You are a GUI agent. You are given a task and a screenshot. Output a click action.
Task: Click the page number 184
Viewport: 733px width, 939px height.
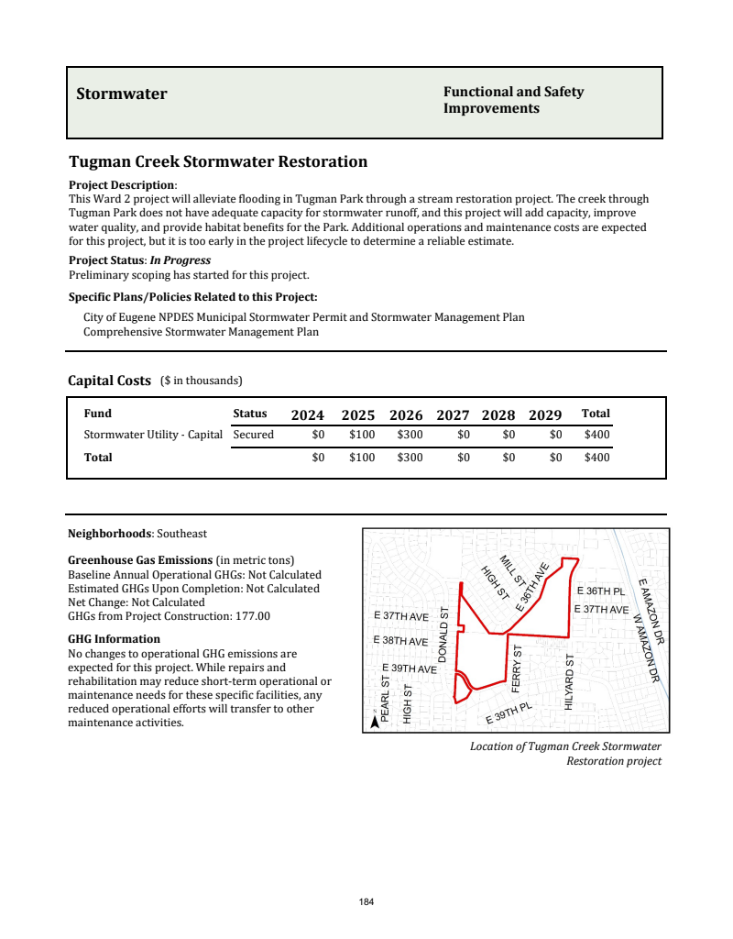[x=366, y=902]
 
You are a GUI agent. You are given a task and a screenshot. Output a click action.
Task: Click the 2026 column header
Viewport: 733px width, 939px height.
[x=406, y=414]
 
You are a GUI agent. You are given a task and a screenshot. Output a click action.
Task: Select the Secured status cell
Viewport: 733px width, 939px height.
[x=254, y=435]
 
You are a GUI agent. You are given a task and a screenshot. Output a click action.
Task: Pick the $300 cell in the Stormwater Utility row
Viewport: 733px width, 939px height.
[x=410, y=435]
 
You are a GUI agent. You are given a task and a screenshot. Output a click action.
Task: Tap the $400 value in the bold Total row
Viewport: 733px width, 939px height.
[x=596, y=457]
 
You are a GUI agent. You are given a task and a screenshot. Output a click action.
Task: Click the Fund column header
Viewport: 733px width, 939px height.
[x=98, y=414]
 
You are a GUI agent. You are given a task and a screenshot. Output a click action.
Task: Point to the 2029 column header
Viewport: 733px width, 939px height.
[x=545, y=414]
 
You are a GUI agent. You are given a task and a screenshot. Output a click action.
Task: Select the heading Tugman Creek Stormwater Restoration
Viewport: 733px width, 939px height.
[x=218, y=162]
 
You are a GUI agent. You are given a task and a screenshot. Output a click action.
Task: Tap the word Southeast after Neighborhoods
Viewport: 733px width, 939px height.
[x=181, y=533]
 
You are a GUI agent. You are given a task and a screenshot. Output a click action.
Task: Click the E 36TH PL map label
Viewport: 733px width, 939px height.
[x=600, y=591]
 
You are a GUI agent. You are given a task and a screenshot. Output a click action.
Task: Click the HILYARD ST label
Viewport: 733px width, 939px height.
[x=570, y=681]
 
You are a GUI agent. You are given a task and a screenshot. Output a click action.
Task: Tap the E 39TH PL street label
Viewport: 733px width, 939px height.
[x=509, y=713]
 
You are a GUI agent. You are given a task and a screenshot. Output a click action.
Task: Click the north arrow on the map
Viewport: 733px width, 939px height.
[x=375, y=723]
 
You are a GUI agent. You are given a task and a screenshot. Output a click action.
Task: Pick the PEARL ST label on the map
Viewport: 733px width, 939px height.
[x=385, y=699]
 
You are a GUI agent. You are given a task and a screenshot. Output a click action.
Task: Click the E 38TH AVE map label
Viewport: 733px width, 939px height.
[x=401, y=641]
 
